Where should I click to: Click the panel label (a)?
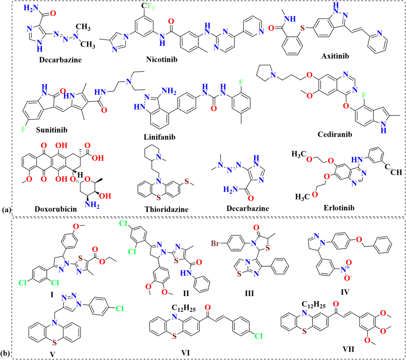pos(6,210)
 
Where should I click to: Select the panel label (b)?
pos(6,354)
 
